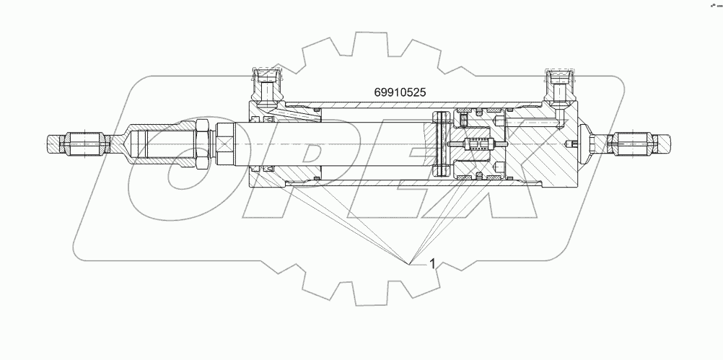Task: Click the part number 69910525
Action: coord(400,92)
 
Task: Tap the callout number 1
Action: coord(432,264)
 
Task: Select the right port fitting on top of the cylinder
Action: coord(560,85)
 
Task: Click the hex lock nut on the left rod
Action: coord(202,144)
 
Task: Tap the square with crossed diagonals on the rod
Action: coord(226,144)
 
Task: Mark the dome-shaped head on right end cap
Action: coord(581,144)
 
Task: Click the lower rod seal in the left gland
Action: coord(268,169)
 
